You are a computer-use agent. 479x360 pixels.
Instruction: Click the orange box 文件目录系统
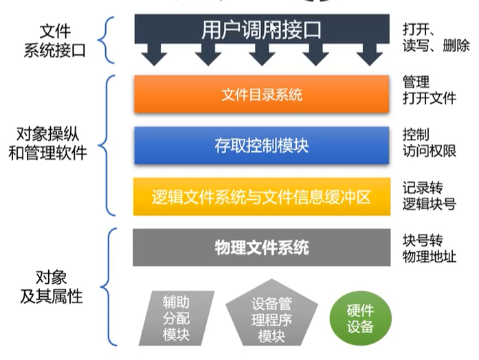262,94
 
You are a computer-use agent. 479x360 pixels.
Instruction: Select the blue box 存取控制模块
262,145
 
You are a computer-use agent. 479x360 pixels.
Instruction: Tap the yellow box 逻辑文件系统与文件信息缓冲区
262,197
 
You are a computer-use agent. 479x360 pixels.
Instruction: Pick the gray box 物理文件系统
262,247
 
